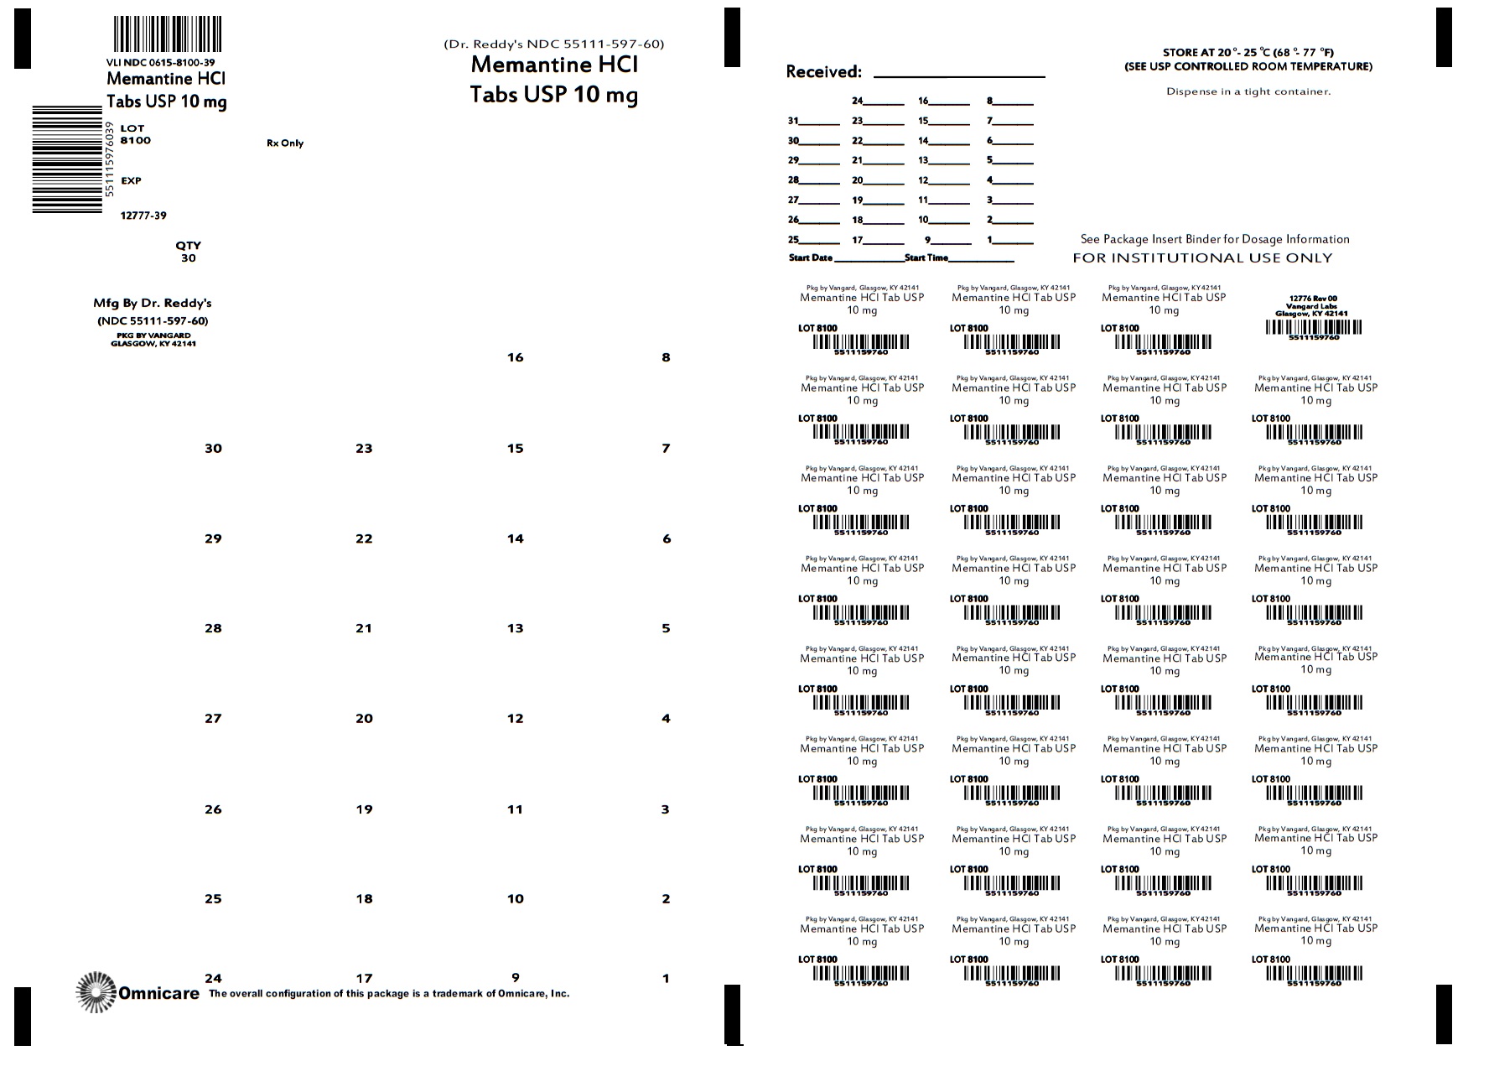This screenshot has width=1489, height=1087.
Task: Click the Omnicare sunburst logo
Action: (x=96, y=992)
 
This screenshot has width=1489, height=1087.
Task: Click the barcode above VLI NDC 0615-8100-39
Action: (x=168, y=35)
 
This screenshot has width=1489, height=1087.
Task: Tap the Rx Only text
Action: (x=285, y=143)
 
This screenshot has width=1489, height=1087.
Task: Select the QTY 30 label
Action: (x=188, y=252)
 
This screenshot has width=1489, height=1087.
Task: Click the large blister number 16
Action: (x=515, y=357)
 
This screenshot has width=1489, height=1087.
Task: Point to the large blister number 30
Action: (x=213, y=449)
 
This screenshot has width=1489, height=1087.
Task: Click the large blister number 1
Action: (x=666, y=978)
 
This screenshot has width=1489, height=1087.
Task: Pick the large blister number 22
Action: (x=364, y=538)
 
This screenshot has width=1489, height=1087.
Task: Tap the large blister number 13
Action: (x=515, y=628)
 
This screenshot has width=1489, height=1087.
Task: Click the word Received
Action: (x=823, y=72)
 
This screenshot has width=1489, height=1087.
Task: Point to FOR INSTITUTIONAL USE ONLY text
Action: (x=1202, y=258)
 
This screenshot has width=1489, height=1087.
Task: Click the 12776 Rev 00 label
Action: (x=1313, y=298)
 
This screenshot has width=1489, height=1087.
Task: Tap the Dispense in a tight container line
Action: (x=1248, y=91)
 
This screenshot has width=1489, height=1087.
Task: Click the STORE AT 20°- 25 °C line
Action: (x=1248, y=52)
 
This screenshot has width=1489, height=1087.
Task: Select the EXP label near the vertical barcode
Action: (x=131, y=180)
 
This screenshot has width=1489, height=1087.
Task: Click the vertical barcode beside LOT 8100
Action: (x=67, y=159)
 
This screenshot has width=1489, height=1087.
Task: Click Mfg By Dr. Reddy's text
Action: (x=153, y=303)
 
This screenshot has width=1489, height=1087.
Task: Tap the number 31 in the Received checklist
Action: (x=793, y=121)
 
